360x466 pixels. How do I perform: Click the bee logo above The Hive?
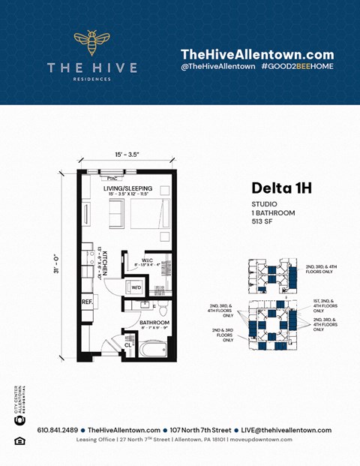point(92,44)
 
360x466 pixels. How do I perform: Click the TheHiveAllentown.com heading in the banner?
point(256,54)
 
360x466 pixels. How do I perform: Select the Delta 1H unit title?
point(281,188)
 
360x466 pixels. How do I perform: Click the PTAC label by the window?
point(112,178)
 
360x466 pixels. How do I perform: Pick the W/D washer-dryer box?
point(137,287)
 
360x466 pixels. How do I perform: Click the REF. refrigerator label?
point(87,302)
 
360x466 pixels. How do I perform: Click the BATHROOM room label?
point(155,323)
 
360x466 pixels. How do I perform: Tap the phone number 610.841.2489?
point(57,430)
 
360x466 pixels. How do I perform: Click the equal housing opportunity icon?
point(19,440)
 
